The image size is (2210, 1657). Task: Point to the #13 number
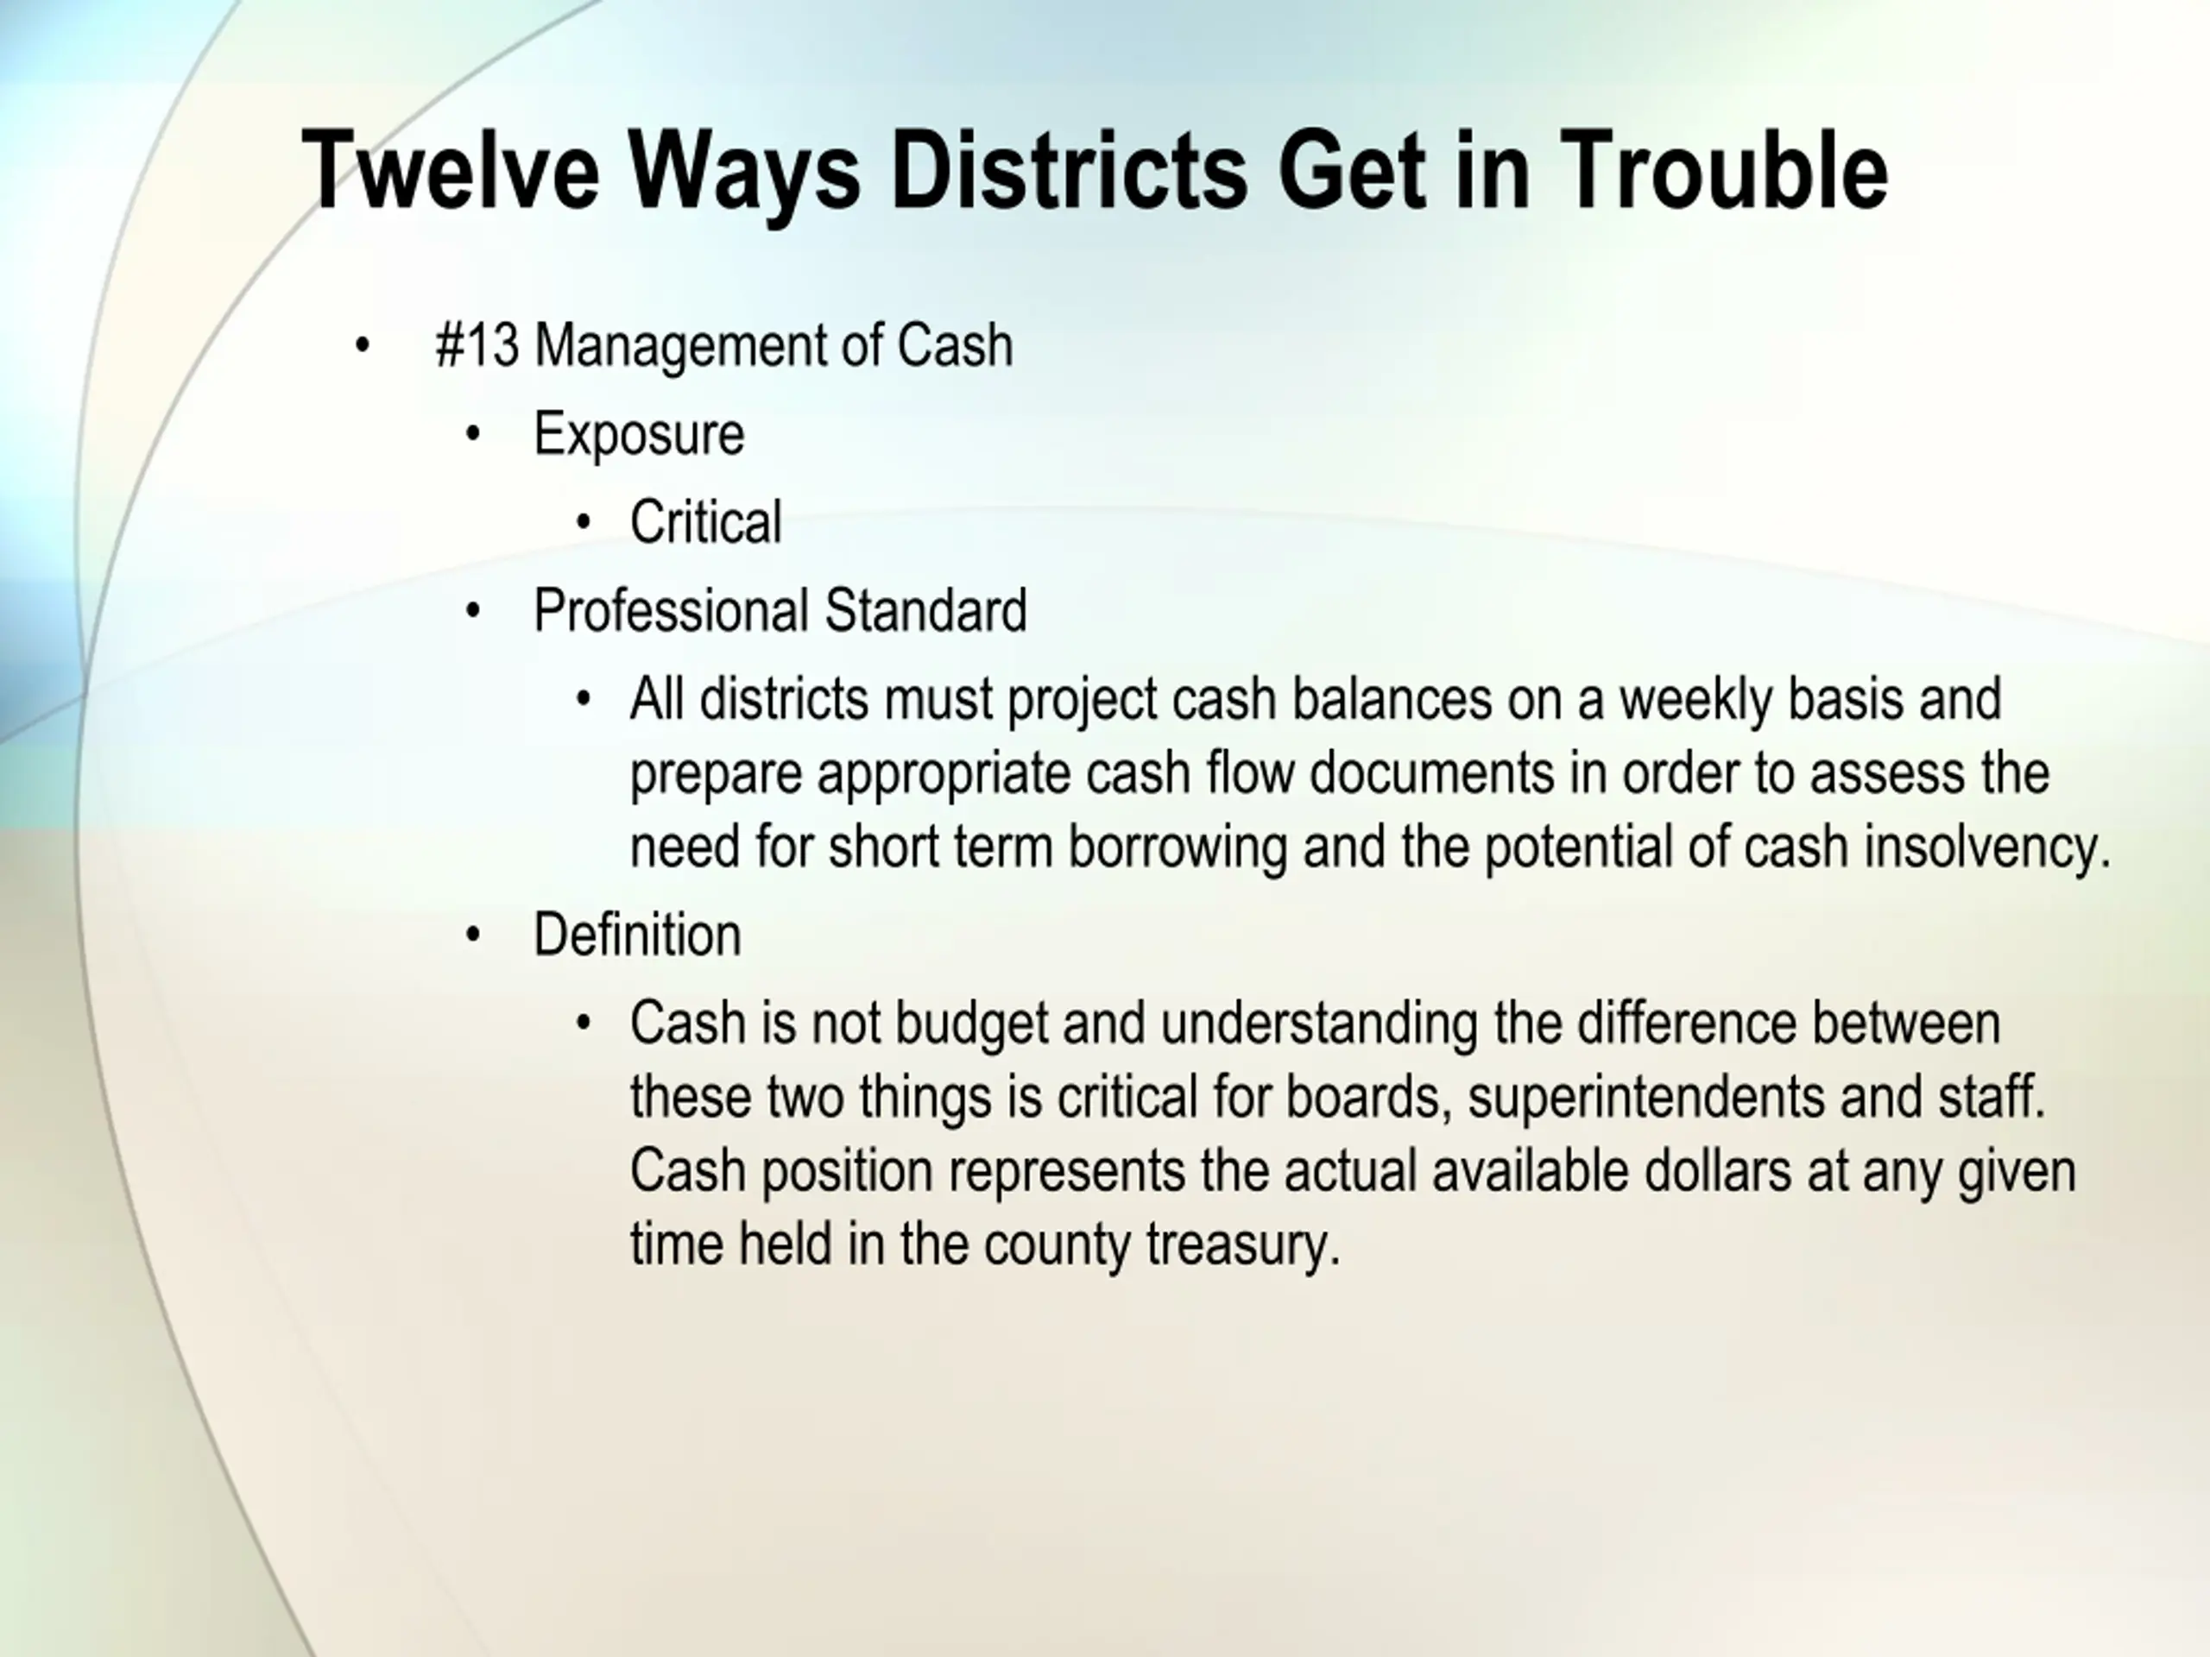pyautogui.click(x=477, y=345)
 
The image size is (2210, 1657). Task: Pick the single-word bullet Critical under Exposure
pyautogui.click(x=705, y=521)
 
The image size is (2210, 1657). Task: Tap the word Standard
pyautogui.click(x=925, y=610)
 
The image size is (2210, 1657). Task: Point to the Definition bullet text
pyautogui.click(x=637, y=935)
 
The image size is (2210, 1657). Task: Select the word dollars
pyautogui.click(x=1717, y=1170)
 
